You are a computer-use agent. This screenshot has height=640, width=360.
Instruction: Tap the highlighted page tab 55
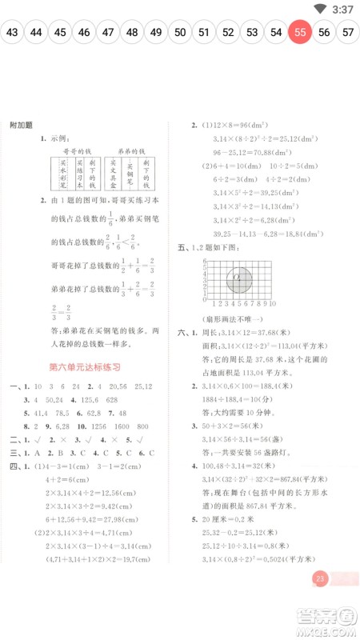tap(300, 33)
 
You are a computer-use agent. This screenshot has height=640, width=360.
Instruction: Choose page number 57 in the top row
tap(348, 33)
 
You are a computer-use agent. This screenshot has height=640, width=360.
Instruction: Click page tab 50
tap(180, 33)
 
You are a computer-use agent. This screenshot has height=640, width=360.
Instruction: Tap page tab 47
tap(108, 33)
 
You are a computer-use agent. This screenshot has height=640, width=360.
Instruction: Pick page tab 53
tap(252, 33)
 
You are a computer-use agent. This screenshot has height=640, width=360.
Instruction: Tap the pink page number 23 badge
tap(321, 601)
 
